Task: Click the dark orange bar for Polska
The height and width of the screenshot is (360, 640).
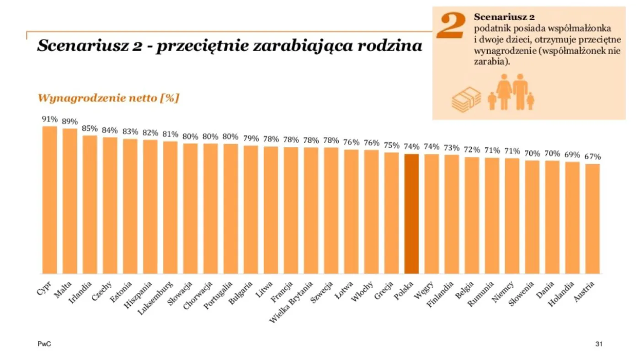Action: [x=411, y=214]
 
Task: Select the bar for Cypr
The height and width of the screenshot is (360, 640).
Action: [x=50, y=200]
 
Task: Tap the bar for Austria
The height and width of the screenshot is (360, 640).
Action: [x=592, y=219]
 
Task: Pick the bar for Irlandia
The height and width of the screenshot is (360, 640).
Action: [x=90, y=204]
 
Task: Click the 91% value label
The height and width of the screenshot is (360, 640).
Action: [x=50, y=119]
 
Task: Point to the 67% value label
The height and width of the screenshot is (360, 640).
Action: [x=592, y=157]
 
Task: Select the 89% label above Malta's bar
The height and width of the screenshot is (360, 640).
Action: [x=69, y=122]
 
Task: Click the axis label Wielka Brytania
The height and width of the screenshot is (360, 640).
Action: [x=291, y=302]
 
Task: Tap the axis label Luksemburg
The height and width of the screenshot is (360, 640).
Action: [x=156, y=298]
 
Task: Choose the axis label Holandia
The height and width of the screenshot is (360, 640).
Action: [x=561, y=294]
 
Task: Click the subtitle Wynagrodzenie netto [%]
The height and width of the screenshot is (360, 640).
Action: [x=108, y=98]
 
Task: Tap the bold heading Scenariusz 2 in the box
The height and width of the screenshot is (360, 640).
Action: [x=504, y=17]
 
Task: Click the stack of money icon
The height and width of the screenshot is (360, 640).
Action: [x=466, y=100]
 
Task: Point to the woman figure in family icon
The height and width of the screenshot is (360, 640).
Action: [x=504, y=91]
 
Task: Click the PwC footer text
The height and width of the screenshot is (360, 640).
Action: [x=44, y=344]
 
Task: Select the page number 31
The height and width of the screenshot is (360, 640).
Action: [x=599, y=344]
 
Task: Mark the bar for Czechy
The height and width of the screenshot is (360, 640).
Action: [x=110, y=205]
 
